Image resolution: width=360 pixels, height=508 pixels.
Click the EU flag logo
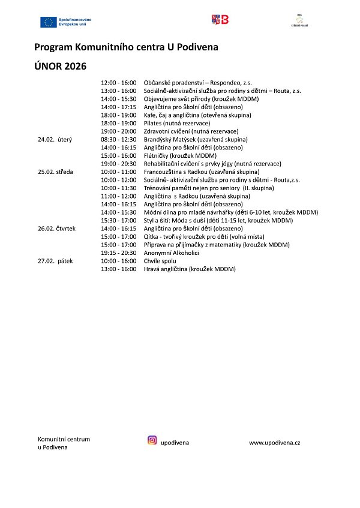click(x=48, y=22)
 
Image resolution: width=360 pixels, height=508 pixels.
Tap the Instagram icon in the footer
click(x=152, y=440)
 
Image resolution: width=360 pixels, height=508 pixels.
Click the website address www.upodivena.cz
click(x=275, y=443)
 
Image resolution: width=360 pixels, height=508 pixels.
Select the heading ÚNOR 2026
click(x=61, y=65)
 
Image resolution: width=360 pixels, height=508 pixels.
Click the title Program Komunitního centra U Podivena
click(x=127, y=46)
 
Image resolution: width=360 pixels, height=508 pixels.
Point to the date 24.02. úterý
click(x=55, y=139)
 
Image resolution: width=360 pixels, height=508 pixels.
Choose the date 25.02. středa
click(x=56, y=172)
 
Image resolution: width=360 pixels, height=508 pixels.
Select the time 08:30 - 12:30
click(x=119, y=139)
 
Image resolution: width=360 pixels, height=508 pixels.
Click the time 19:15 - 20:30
click(x=119, y=253)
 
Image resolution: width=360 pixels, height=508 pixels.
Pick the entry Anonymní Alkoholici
click(x=172, y=253)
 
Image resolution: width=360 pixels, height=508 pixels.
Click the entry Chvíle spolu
click(x=161, y=261)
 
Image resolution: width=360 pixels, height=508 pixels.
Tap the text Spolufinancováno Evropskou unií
click(x=76, y=22)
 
